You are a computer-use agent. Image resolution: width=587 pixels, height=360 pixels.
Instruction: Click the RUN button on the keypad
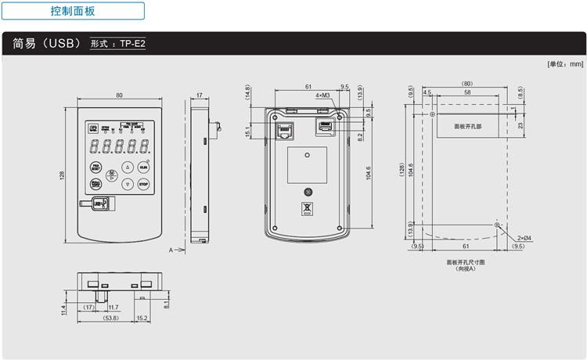coord(143,167)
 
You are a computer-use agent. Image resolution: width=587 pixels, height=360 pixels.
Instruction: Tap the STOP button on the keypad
coord(143,185)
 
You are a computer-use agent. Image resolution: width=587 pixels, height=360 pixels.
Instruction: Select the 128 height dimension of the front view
coord(62,175)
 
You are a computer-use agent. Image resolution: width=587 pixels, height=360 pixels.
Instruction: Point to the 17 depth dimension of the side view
coord(199,95)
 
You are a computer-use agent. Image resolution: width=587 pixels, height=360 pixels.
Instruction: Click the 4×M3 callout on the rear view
coord(322,95)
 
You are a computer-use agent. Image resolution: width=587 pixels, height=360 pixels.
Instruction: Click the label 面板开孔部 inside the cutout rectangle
coord(468,125)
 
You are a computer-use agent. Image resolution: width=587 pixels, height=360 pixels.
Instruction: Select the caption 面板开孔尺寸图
coord(466,261)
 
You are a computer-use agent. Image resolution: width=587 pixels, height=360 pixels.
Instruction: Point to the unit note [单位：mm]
coord(565,64)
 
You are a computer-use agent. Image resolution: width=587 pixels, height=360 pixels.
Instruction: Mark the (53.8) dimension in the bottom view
coord(110,319)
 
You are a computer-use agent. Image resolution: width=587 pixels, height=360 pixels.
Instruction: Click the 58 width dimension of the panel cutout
coord(466,92)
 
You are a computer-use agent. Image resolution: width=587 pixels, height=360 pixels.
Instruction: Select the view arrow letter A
coord(171,250)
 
